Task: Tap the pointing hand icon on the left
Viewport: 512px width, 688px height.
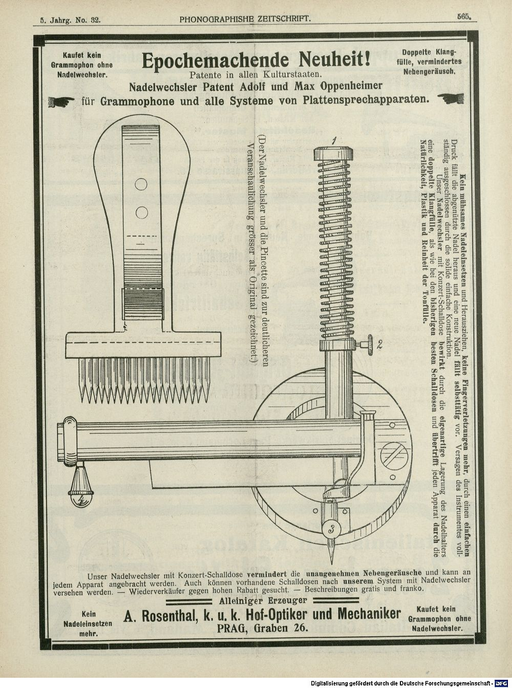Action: click(x=61, y=101)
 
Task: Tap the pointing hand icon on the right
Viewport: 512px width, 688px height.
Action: click(x=451, y=98)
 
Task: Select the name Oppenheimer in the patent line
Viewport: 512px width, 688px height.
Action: click(x=351, y=86)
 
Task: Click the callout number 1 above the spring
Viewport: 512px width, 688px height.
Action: click(x=334, y=141)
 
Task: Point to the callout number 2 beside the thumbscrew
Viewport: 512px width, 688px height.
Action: click(x=379, y=344)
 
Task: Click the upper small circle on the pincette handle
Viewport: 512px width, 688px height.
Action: click(x=141, y=184)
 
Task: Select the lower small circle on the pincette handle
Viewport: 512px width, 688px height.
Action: click(x=141, y=212)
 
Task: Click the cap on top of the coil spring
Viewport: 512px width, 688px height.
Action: click(x=333, y=154)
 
